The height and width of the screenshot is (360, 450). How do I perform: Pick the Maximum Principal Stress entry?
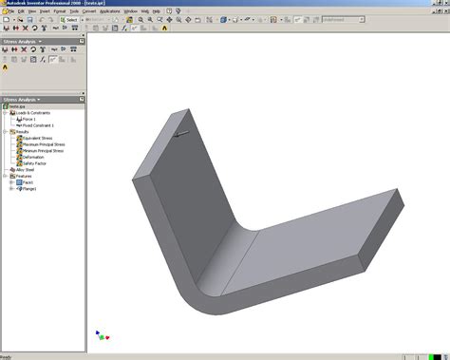pyautogui.click(x=41, y=144)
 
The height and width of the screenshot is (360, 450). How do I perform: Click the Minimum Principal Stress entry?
pyautogui.click(x=41, y=150)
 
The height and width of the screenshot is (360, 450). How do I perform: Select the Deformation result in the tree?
pyautogui.click(x=32, y=157)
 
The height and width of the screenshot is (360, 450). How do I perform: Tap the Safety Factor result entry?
pyautogui.click(x=33, y=162)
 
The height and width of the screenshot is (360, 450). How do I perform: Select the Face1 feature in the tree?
pyautogui.click(x=25, y=181)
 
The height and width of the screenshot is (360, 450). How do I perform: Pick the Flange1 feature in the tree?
pyautogui.click(x=27, y=188)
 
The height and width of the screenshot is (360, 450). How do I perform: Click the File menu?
pyautogui.click(x=9, y=10)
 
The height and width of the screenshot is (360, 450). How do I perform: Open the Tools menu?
pyautogui.click(x=72, y=10)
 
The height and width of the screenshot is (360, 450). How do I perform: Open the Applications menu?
pyautogui.click(x=110, y=10)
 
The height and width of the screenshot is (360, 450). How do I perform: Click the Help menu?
pyautogui.click(x=157, y=10)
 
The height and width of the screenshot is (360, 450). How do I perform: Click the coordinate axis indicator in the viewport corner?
pyautogui.click(x=102, y=334)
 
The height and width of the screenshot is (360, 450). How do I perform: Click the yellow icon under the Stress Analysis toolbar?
pyautogui.click(x=5, y=67)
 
